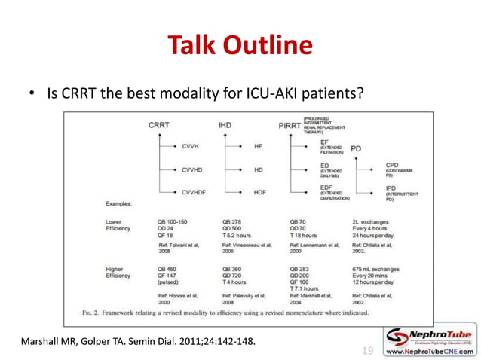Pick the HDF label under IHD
[x=259, y=192]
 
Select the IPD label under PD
[x=391, y=188]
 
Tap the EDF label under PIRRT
[x=326, y=188]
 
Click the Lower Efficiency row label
[x=120, y=226]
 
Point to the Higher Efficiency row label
[x=121, y=273]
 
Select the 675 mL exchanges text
[x=376, y=269]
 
